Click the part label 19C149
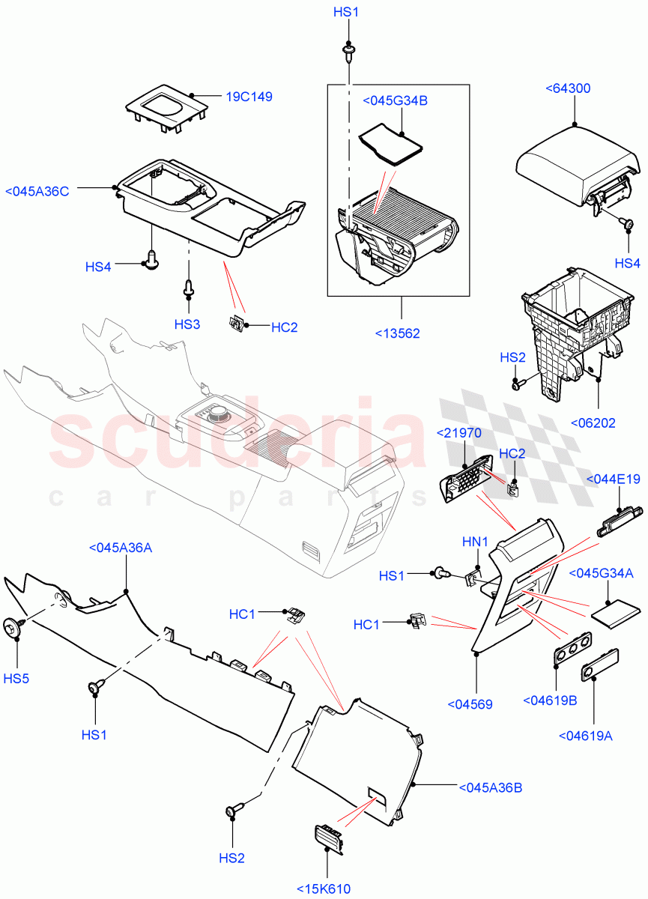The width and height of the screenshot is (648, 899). tap(249, 97)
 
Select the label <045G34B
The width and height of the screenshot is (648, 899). tap(395, 101)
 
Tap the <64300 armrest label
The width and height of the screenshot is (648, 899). tap(569, 88)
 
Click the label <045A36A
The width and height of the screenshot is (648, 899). tap(120, 548)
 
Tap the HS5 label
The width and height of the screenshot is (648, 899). tap(16, 678)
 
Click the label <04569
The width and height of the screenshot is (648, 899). tap(470, 703)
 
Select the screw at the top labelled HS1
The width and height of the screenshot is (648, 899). tap(348, 51)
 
